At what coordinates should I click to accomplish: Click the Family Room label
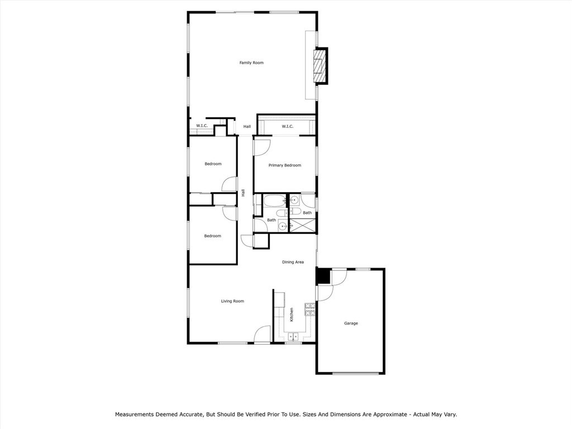coord(251,63)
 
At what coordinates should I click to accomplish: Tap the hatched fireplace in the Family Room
coord(319,66)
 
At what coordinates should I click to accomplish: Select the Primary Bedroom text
coord(285,165)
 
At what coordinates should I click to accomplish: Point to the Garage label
coord(351,323)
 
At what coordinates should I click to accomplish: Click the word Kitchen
coord(292,315)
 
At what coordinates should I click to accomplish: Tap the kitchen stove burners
coord(309,309)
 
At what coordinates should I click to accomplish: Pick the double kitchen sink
coord(293,336)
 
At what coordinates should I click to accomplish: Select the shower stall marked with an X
coord(302,226)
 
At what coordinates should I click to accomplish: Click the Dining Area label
coord(293,262)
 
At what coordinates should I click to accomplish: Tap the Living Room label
coord(232,301)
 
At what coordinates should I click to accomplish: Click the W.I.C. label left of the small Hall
coord(202,126)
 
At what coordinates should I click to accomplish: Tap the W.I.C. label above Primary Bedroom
coord(287,126)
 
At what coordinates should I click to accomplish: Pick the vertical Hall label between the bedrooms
coord(244,193)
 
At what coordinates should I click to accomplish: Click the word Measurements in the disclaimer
coord(134,414)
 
